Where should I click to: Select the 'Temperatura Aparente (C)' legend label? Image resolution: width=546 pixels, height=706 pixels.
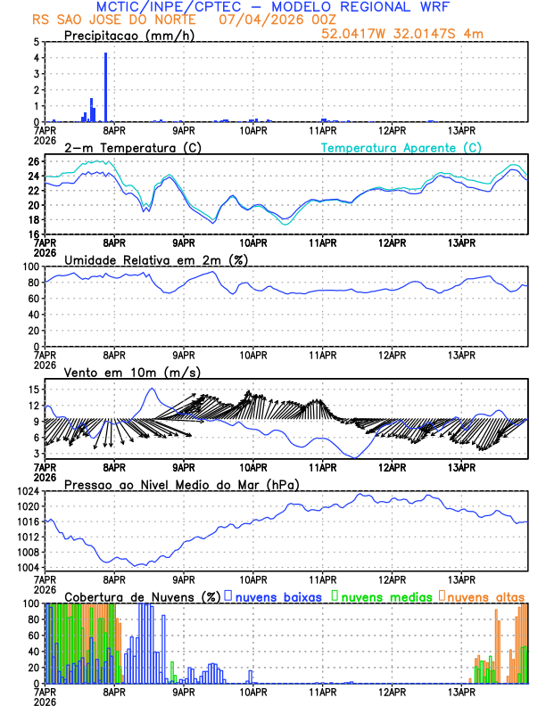point(401,147)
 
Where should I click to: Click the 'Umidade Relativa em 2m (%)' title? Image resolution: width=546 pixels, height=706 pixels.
point(155,259)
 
